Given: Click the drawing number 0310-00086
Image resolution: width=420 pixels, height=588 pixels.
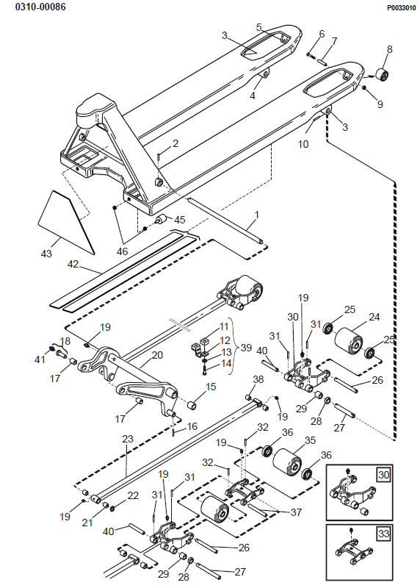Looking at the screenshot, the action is point(40,7).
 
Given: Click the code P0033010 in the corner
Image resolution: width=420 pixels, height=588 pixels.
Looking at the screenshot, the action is point(401,8).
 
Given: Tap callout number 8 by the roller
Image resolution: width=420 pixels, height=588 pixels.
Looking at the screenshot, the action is point(390,49).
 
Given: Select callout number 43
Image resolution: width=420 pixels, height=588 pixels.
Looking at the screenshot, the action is point(46,254).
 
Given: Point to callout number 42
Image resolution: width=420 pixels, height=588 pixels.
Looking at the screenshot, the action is point(73,264).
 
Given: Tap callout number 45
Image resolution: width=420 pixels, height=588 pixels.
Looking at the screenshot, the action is point(180,220).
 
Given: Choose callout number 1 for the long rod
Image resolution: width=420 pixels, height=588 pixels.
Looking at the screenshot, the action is point(257,215).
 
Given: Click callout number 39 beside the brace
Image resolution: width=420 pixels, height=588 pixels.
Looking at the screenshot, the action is point(246,348).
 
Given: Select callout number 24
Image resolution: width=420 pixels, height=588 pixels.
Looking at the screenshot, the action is point(374,317).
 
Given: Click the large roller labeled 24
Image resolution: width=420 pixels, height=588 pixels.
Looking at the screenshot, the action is point(349,340).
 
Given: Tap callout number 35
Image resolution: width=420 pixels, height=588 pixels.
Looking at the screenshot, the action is point(310,440).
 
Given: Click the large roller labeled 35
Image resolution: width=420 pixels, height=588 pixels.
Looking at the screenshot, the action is point(287,465).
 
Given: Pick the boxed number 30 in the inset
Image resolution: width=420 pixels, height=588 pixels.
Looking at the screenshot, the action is point(384,475).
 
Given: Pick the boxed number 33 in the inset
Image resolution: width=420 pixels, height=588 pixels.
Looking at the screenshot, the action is point(384,534).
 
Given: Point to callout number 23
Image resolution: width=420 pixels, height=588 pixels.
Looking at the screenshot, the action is point(128,438).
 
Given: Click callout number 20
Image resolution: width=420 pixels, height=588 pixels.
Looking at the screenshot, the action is point(157,355).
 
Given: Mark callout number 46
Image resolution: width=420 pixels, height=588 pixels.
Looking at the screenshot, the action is point(122,251).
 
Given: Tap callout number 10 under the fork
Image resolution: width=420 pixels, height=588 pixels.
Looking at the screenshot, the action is point(303,144).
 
